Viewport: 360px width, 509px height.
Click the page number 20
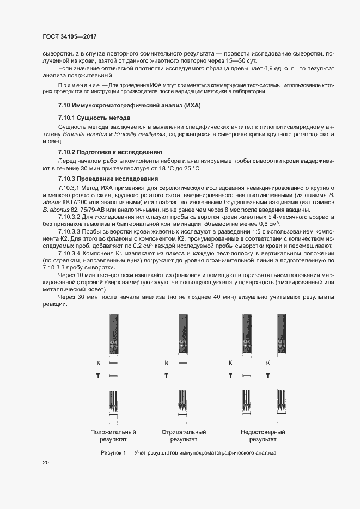coord(46,462)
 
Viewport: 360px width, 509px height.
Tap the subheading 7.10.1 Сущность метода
coord(94,118)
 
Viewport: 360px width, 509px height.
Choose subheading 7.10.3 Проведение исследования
coord(108,179)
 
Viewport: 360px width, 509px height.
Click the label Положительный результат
coord(113,435)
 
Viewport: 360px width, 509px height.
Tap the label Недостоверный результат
coord(263,435)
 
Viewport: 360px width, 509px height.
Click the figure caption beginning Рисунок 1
coord(188,452)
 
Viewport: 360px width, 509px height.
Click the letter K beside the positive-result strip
coord(99,363)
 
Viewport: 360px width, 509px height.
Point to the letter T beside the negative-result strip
coord(166,376)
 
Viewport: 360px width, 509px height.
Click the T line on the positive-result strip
coord(113,376)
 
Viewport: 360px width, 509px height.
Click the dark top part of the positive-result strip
coord(113,327)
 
